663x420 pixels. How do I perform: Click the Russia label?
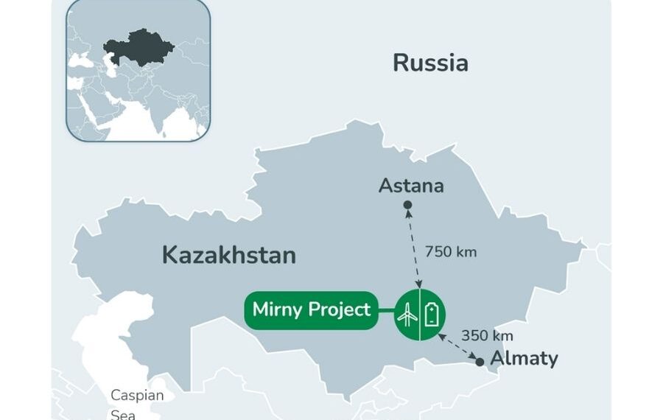tap(430, 63)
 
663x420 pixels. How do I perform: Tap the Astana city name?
tap(411, 186)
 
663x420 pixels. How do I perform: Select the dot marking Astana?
tap(407, 205)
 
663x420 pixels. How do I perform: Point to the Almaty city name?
tap(524, 359)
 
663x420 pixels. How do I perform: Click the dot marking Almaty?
tap(480, 362)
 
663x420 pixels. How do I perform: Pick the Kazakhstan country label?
tap(228, 256)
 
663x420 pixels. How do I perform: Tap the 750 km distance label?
tap(451, 252)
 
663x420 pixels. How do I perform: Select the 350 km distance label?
tap(487, 335)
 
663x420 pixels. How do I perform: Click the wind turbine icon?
tap(407, 315)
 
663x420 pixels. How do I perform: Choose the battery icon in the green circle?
tap(432, 315)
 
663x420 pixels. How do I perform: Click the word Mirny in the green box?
tap(278, 309)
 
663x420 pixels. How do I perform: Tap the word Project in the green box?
tap(339, 309)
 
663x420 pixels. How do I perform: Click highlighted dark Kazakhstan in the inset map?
tap(140, 48)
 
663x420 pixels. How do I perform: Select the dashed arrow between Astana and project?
tap(413, 247)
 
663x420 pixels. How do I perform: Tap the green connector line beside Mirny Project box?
tap(386, 310)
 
